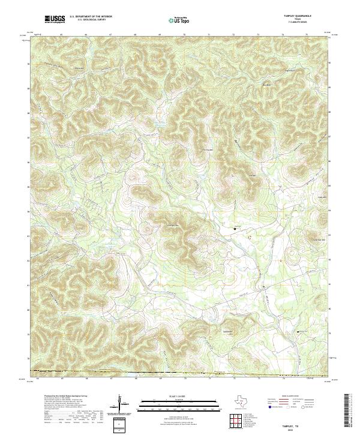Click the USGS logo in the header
56,20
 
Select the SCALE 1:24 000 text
172,396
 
